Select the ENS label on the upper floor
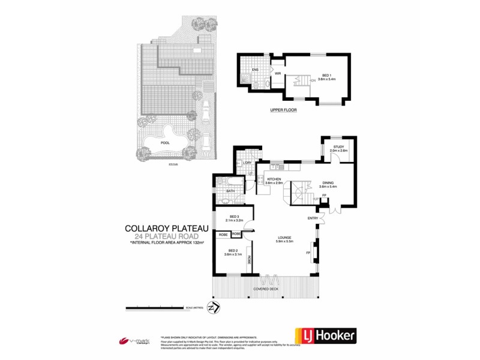coord(255,70)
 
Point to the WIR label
coord(278,74)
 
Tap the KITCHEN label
coord(275,179)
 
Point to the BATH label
coord(230,191)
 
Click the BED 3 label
coord(235,217)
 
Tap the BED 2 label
coord(234,251)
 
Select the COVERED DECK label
coord(266,289)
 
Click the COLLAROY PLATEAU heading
coord(166,228)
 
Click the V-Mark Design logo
coord(134,341)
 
